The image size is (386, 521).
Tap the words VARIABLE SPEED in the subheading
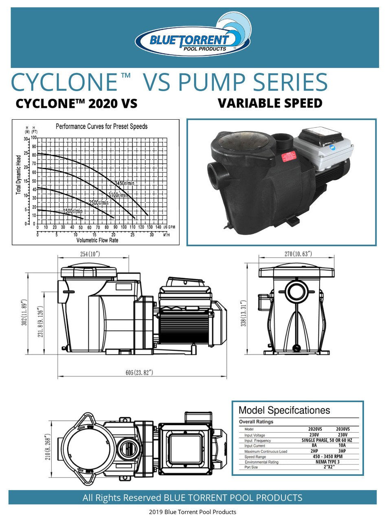pyautogui.click(x=270, y=103)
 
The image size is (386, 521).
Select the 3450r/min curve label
pyautogui.click(x=125, y=184)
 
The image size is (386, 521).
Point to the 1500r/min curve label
pyautogui.click(x=72, y=211)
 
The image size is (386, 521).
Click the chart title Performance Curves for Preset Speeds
pyautogui.click(x=101, y=127)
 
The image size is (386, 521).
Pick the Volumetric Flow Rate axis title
pyautogui.click(x=97, y=240)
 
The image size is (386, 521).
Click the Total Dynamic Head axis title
pyautogui.click(x=18, y=174)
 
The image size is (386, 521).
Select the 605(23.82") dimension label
pyautogui.click(x=140, y=372)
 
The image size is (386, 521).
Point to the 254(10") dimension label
pyautogui.click(x=90, y=254)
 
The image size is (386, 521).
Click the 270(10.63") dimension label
pyautogui.click(x=298, y=254)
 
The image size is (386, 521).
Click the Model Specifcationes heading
pyautogui.click(x=284, y=410)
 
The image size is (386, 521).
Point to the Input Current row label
pyautogui.click(x=254, y=446)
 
